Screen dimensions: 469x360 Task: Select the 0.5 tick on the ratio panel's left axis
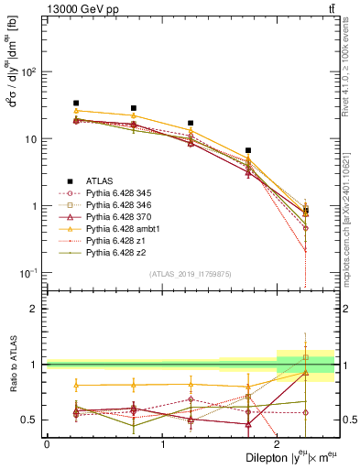(x=31, y=420)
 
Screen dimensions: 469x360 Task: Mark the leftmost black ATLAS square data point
(x=76, y=104)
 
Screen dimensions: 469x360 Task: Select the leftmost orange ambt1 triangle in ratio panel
(x=76, y=385)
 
